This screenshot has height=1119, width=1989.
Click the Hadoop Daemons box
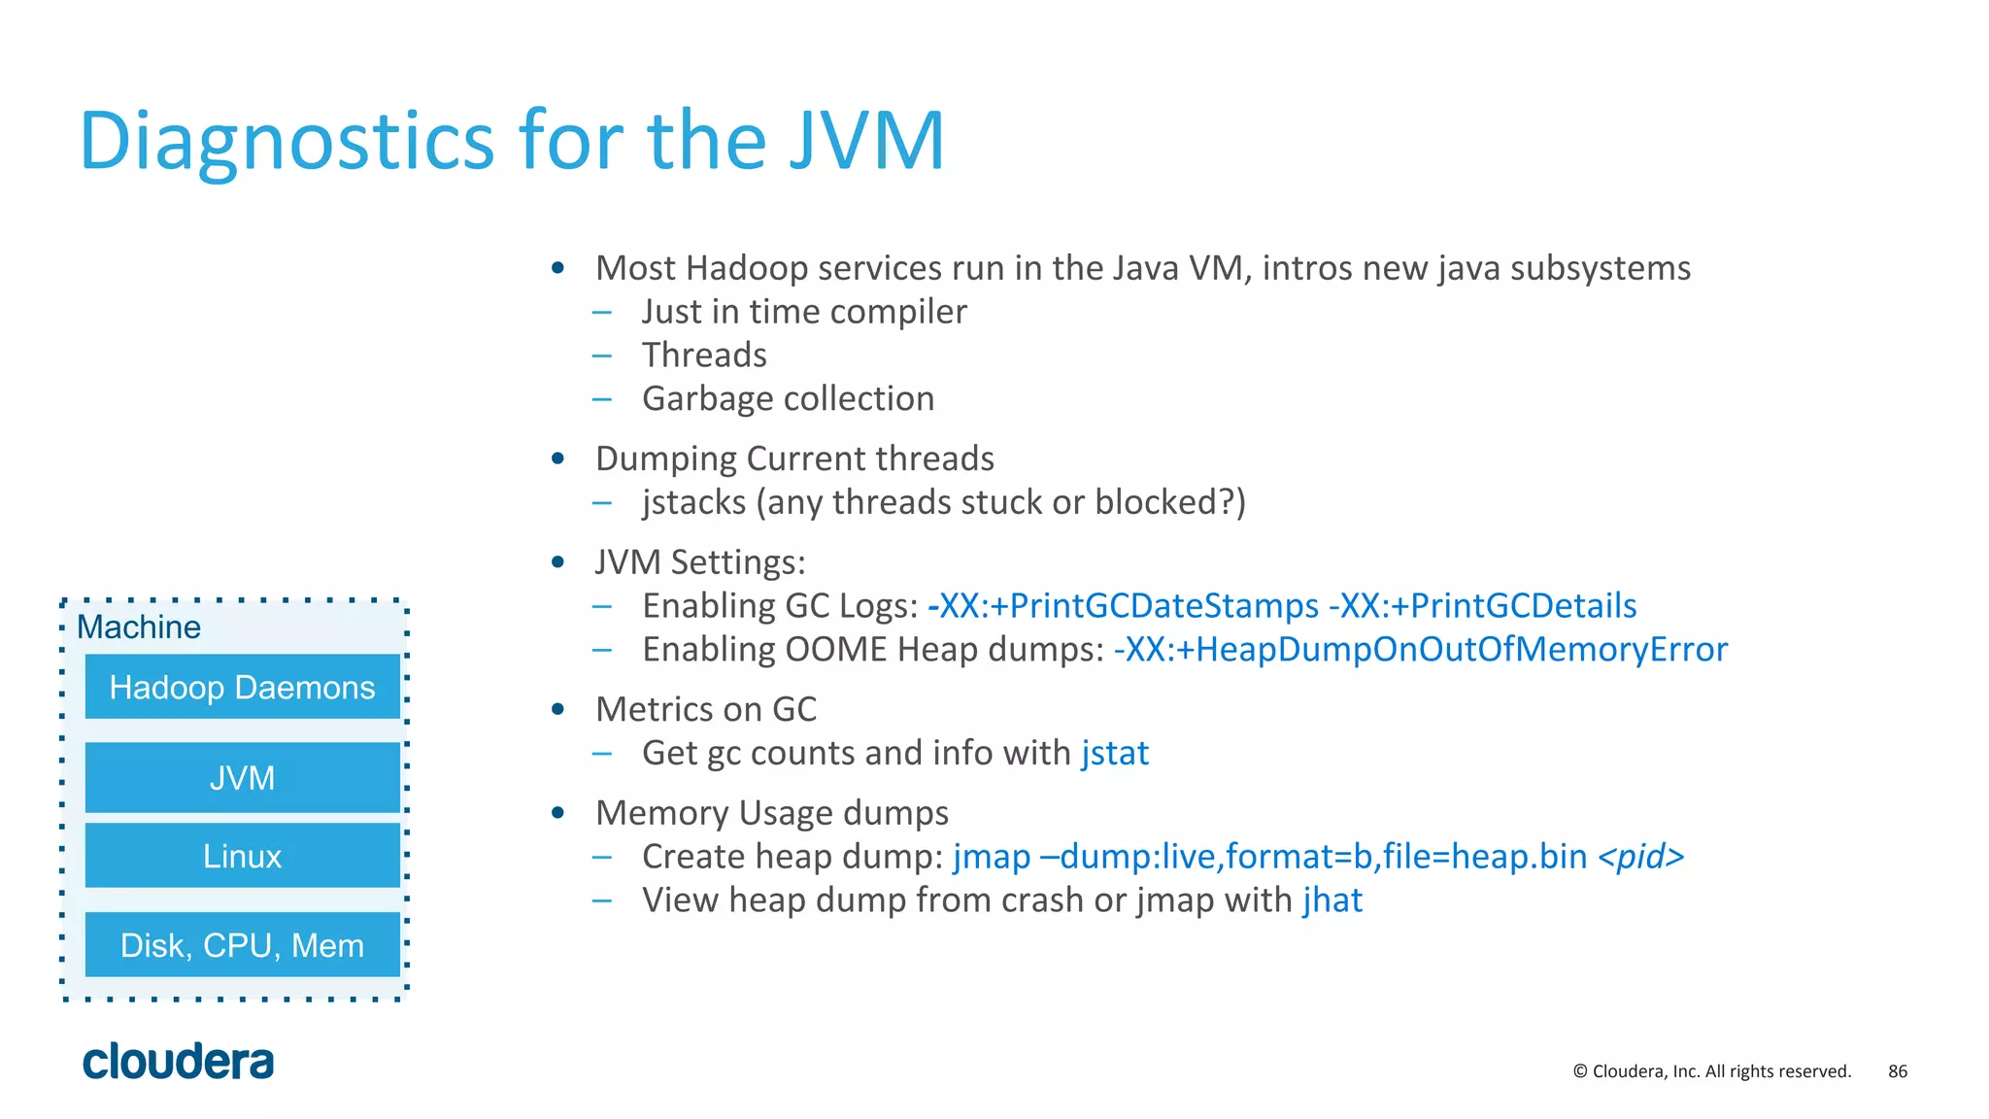pyautogui.click(x=242, y=687)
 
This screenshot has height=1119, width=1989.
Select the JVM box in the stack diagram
pyautogui.click(x=242, y=777)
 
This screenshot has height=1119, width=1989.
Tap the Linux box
pyautogui.click(x=242, y=856)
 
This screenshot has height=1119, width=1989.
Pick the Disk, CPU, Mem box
pyautogui.click(x=242, y=944)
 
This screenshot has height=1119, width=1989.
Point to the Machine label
pyautogui.click(x=139, y=627)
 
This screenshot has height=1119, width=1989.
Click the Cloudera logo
pyautogui.click(x=179, y=1061)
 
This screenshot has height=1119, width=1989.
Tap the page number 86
pyautogui.click(x=1898, y=1071)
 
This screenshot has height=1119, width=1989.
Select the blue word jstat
pyautogui.click(x=1115, y=753)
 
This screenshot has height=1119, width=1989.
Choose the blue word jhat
pyautogui.click(x=1332, y=900)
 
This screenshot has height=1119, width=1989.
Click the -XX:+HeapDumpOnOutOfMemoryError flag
pyautogui.click(x=1421, y=649)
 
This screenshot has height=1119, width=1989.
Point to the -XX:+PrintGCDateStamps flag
pyautogui.click(x=1124, y=606)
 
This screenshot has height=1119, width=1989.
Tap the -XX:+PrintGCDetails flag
pyautogui.click(x=1483, y=606)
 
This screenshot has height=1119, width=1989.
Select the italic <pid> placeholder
pyautogui.click(x=1641, y=857)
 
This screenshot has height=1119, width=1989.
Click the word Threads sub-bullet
pyautogui.click(x=704, y=356)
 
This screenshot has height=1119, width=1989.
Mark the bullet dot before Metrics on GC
pyautogui.click(x=557, y=709)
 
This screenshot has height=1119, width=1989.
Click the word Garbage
pyautogui.click(x=707, y=399)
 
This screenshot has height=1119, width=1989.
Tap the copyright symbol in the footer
pyautogui.click(x=1580, y=1071)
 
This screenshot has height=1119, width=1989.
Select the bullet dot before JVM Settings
pyautogui.click(x=557, y=562)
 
